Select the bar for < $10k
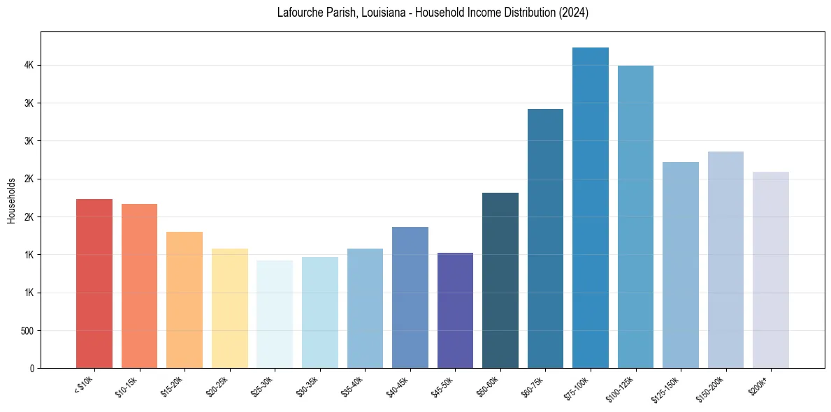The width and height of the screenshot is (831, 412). point(94,284)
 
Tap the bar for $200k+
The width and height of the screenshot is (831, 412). point(770,270)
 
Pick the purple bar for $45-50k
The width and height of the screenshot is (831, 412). point(455,310)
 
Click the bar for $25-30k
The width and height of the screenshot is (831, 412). point(275,314)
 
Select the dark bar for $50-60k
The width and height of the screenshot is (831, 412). point(500,280)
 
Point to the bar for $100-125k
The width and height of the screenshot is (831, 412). point(635,216)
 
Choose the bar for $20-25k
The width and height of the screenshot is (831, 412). point(229,308)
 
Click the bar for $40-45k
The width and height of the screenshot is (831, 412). point(410,297)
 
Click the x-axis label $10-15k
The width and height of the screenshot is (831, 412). point(127,386)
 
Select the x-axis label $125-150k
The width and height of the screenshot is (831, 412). point(667,388)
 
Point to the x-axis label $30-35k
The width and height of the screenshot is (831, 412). point(308,386)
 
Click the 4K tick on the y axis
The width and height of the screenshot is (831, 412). point(29,65)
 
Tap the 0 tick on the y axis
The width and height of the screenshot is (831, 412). point(31,368)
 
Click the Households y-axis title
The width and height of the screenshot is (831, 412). point(12,200)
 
